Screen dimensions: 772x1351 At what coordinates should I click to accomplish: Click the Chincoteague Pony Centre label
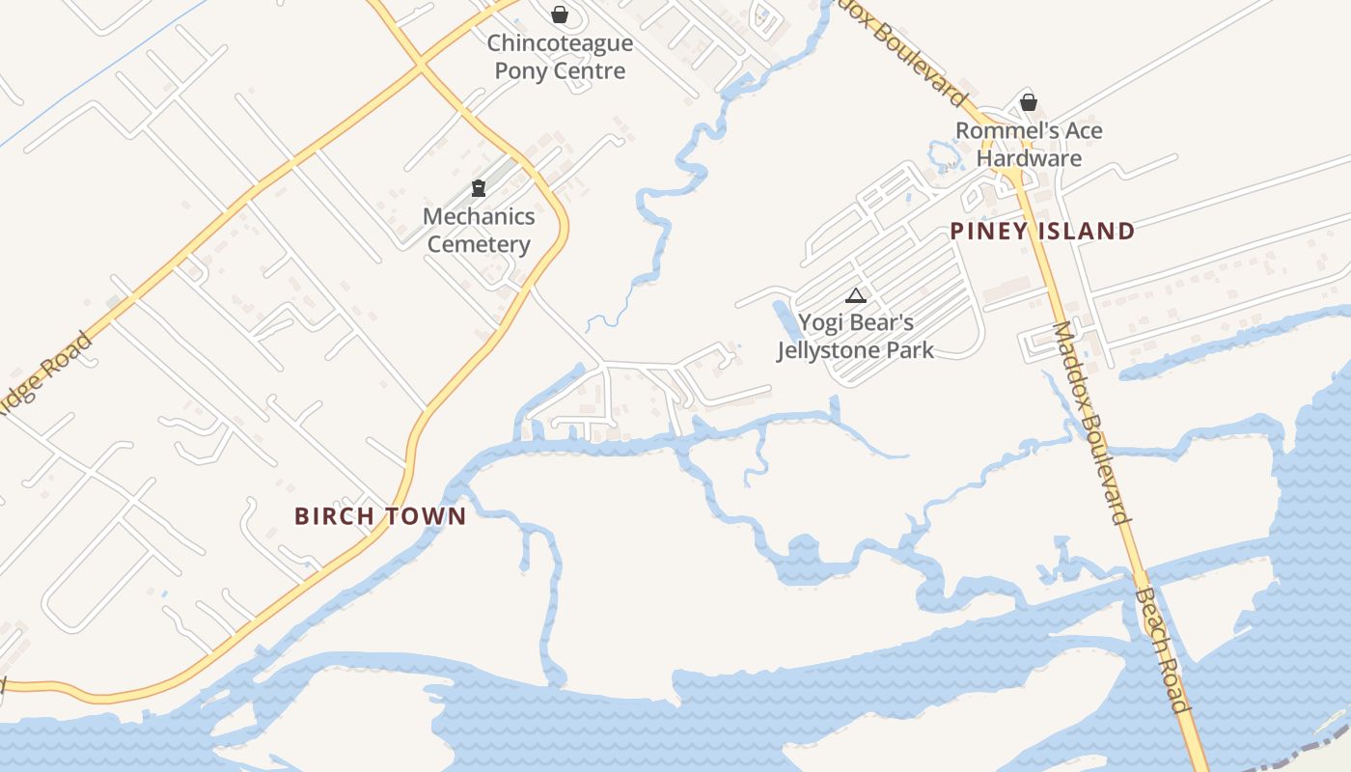[x=560, y=57]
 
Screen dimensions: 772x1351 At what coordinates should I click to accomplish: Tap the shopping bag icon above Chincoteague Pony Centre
[x=559, y=14]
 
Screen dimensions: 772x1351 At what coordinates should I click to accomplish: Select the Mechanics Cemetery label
[x=479, y=230]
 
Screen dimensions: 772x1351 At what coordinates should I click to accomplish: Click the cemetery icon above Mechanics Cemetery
[x=478, y=187]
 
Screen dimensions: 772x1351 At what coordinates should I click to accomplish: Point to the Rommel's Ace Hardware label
[x=1029, y=144]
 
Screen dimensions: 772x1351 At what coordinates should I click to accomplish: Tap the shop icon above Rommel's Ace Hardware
[x=1029, y=102]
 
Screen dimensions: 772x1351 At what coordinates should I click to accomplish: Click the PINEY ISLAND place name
[x=1042, y=232]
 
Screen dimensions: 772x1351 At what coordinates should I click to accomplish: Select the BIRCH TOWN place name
[x=380, y=516]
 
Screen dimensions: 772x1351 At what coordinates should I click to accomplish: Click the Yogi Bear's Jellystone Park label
[x=856, y=336]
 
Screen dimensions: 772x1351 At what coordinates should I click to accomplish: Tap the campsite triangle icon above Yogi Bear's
[x=855, y=295]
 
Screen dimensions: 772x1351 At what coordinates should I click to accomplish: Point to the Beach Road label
[x=1163, y=653]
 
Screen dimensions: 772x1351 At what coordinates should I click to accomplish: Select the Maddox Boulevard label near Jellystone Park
[x=1090, y=422]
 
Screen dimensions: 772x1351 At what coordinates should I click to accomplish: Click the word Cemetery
[x=479, y=244]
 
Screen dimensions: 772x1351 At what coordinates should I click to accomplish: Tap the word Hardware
[x=1029, y=158]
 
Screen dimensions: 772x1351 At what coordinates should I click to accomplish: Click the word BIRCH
[x=333, y=516]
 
